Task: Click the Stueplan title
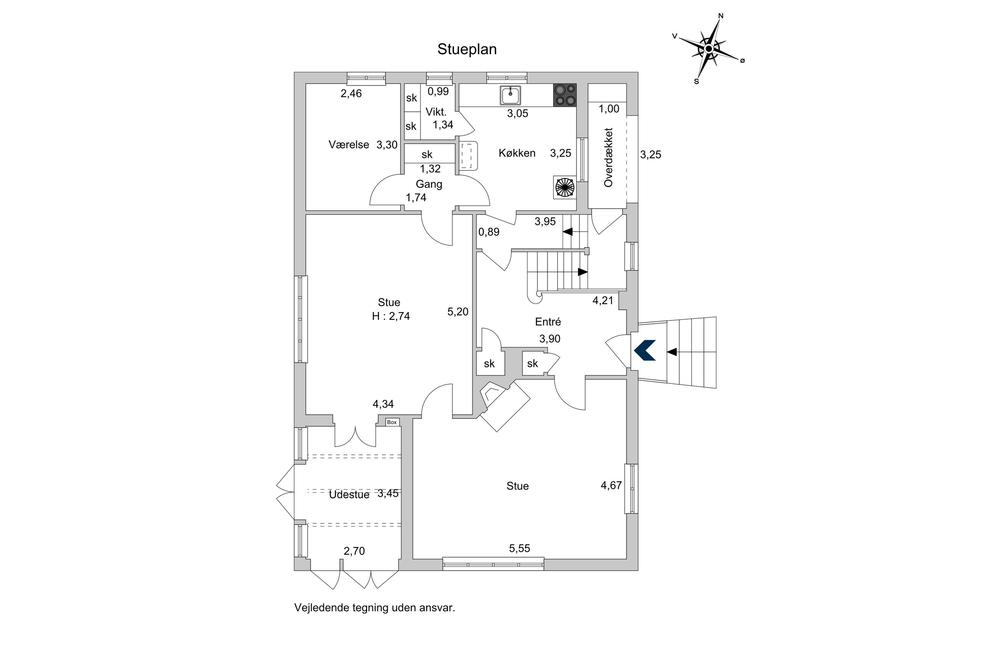(x=467, y=49)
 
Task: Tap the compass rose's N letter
(x=720, y=16)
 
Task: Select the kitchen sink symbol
(x=510, y=95)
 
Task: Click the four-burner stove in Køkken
(x=565, y=95)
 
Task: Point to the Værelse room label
(x=349, y=145)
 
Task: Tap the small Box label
(x=392, y=422)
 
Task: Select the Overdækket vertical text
(x=608, y=157)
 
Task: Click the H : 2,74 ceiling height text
(x=390, y=316)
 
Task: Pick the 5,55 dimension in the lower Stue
(x=519, y=548)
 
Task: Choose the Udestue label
(x=349, y=494)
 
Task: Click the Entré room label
(x=548, y=322)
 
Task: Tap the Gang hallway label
(x=429, y=184)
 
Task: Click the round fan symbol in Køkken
(x=565, y=187)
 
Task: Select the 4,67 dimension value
(x=611, y=485)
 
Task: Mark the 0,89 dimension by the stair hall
(x=489, y=232)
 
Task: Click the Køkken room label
(x=517, y=153)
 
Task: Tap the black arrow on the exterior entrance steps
(x=672, y=352)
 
